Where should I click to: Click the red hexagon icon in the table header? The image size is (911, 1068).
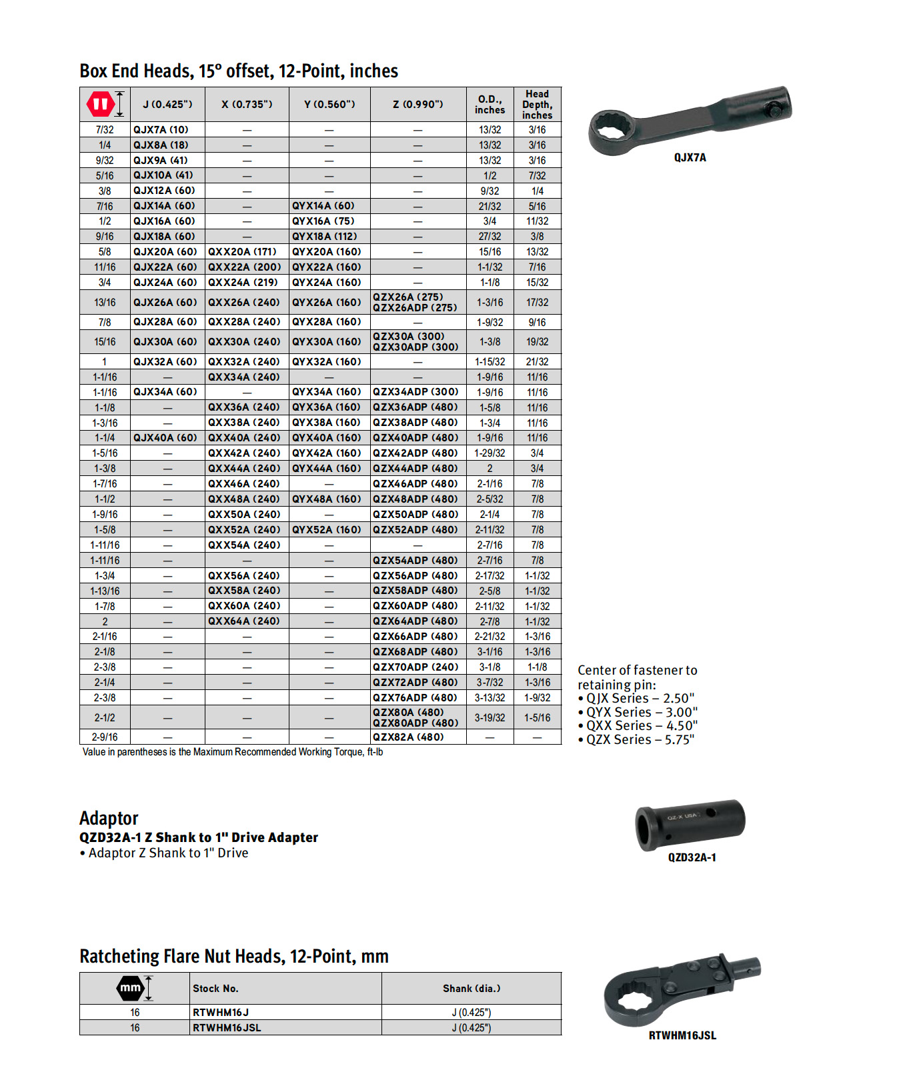tap(101, 104)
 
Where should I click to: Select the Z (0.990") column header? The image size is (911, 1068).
tap(418, 104)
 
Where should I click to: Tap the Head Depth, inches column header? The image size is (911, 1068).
tap(537, 104)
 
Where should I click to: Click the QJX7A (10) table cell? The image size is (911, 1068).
tap(161, 129)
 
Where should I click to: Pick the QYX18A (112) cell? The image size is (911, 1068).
tap(325, 236)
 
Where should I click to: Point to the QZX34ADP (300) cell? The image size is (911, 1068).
tap(415, 392)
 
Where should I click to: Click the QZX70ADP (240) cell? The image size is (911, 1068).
tap(415, 667)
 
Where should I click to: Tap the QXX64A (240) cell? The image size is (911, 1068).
tap(244, 621)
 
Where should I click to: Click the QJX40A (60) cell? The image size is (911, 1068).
tap(165, 437)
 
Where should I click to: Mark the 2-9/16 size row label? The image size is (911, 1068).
tap(105, 737)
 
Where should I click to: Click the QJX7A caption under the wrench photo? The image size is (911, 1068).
tap(690, 157)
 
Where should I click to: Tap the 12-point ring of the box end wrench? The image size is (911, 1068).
tap(613, 130)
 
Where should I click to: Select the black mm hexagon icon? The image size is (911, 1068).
tap(131, 988)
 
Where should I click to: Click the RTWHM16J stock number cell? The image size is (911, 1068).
tap(220, 1012)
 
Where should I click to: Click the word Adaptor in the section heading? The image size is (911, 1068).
tap(109, 818)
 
